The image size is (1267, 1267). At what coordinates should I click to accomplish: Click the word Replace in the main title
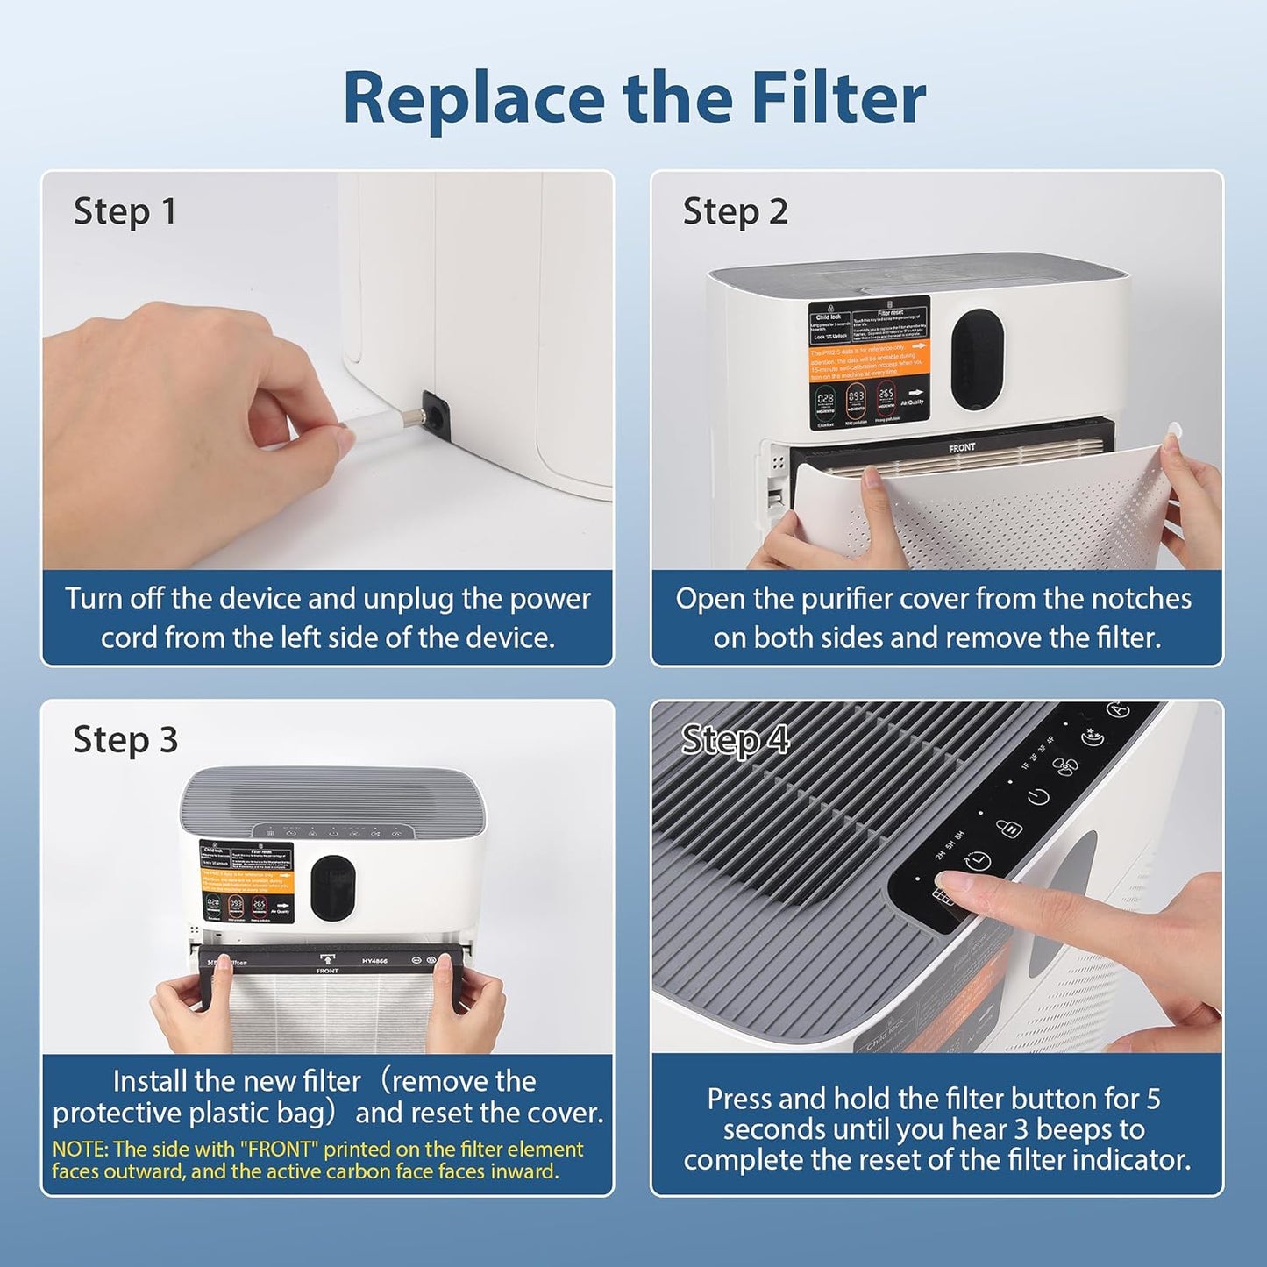[473, 98]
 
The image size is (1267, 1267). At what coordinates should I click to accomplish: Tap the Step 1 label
[125, 212]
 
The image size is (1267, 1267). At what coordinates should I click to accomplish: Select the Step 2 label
[735, 212]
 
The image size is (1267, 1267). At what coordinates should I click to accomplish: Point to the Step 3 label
[125, 740]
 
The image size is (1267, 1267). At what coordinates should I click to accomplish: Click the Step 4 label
[735, 740]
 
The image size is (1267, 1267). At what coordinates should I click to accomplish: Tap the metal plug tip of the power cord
[404, 420]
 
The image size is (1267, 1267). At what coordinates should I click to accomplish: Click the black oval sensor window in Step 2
[978, 359]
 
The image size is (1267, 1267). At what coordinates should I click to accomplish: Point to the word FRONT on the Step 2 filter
[962, 448]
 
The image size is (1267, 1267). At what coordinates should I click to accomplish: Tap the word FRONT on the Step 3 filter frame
[327, 971]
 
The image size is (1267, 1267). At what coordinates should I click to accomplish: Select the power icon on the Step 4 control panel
[1038, 797]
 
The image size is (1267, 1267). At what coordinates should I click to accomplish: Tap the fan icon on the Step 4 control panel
[1065, 767]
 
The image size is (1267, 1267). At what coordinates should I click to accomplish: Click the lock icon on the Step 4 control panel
[1008, 828]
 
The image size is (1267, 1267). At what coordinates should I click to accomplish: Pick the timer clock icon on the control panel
[978, 861]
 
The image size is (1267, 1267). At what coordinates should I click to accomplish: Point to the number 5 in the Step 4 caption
[1153, 1099]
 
